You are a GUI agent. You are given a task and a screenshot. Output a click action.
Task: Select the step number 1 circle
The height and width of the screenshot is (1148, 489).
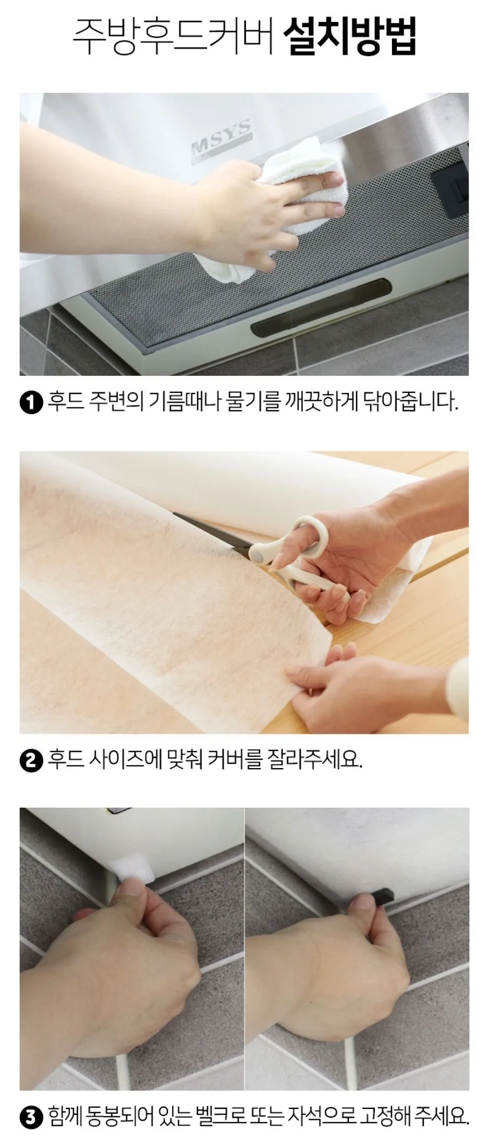tap(32, 404)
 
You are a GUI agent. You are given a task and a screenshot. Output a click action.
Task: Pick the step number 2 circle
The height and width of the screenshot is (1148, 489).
tap(32, 761)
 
